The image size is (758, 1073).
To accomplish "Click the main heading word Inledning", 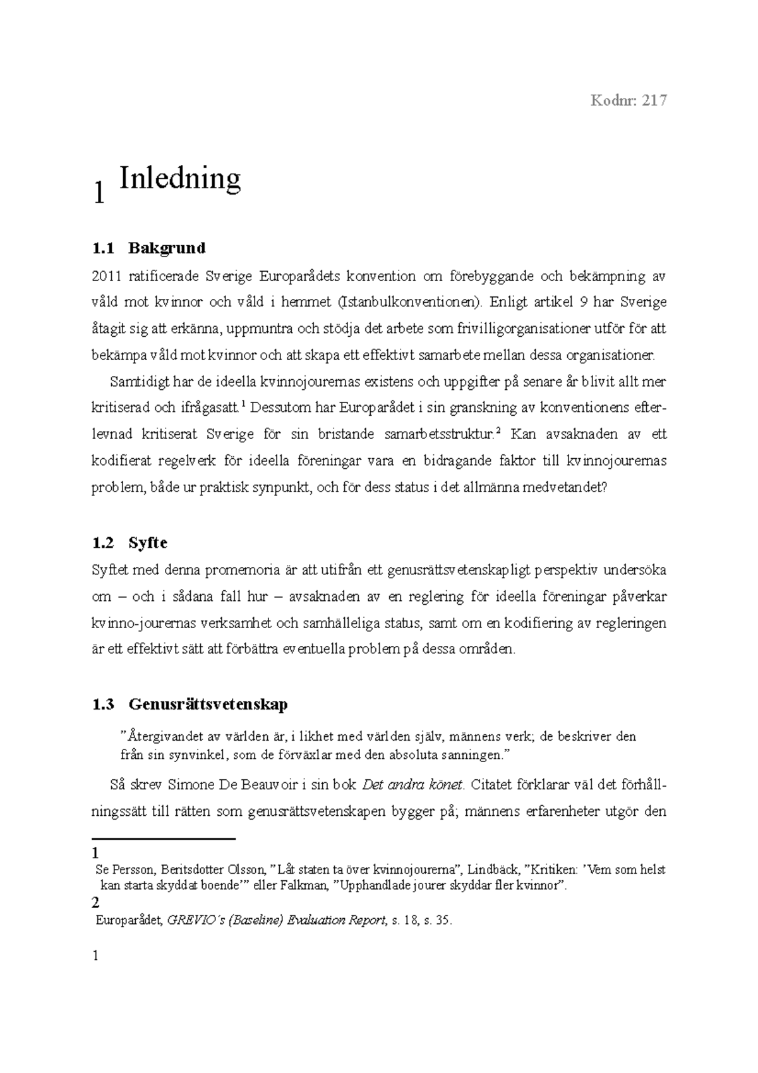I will [x=180, y=178].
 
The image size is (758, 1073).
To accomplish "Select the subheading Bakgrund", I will [x=167, y=248].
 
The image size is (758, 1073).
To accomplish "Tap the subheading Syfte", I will [x=148, y=543].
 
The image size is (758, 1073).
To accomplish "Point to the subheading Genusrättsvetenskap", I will [x=208, y=704].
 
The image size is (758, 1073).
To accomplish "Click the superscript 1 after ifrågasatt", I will [x=244, y=404].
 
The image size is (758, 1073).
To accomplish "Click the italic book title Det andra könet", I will [x=412, y=785].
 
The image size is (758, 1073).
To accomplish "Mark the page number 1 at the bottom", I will [x=96, y=956].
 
